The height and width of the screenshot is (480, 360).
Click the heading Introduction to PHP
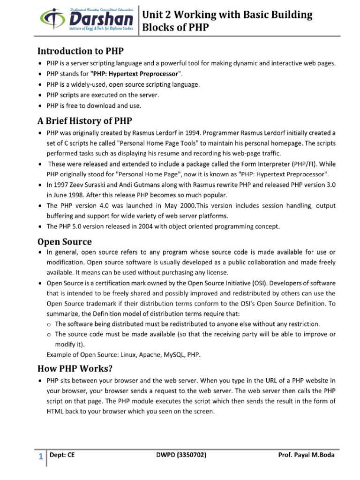click(81, 51)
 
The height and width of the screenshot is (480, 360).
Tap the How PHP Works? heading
click(75, 367)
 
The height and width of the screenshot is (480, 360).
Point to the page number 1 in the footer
click(41, 456)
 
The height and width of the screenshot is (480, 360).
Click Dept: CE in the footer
click(64, 455)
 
